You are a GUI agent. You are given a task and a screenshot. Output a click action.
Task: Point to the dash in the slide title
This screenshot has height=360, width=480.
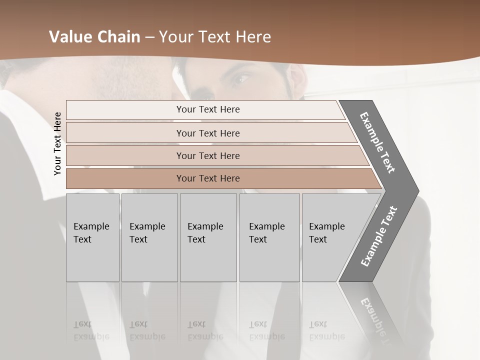pyautogui.click(x=149, y=37)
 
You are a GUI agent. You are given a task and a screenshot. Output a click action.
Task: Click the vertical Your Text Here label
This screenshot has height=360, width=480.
pyautogui.click(x=57, y=143)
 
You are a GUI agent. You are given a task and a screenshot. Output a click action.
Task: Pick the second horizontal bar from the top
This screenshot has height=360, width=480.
pyautogui.click(x=207, y=133)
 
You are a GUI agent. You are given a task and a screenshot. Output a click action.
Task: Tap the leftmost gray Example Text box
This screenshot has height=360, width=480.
pyautogui.click(x=92, y=237)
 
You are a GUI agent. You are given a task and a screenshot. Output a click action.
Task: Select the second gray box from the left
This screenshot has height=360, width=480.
pyautogui.click(x=149, y=237)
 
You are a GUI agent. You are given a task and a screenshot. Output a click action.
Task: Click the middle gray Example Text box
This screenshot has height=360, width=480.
pyautogui.click(x=208, y=237)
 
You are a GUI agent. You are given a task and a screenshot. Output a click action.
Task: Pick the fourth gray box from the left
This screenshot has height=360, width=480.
pyautogui.click(x=269, y=237)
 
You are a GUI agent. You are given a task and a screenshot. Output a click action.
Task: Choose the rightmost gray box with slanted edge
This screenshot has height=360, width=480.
pyautogui.click(x=330, y=237)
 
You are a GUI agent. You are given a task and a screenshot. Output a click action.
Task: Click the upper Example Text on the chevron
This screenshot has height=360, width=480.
pyautogui.click(x=378, y=142)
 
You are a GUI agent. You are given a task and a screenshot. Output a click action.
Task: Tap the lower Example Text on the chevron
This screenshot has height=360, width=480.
pyautogui.click(x=379, y=236)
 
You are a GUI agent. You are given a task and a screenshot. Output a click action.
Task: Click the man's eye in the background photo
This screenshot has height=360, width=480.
pyautogui.click(x=241, y=78)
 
